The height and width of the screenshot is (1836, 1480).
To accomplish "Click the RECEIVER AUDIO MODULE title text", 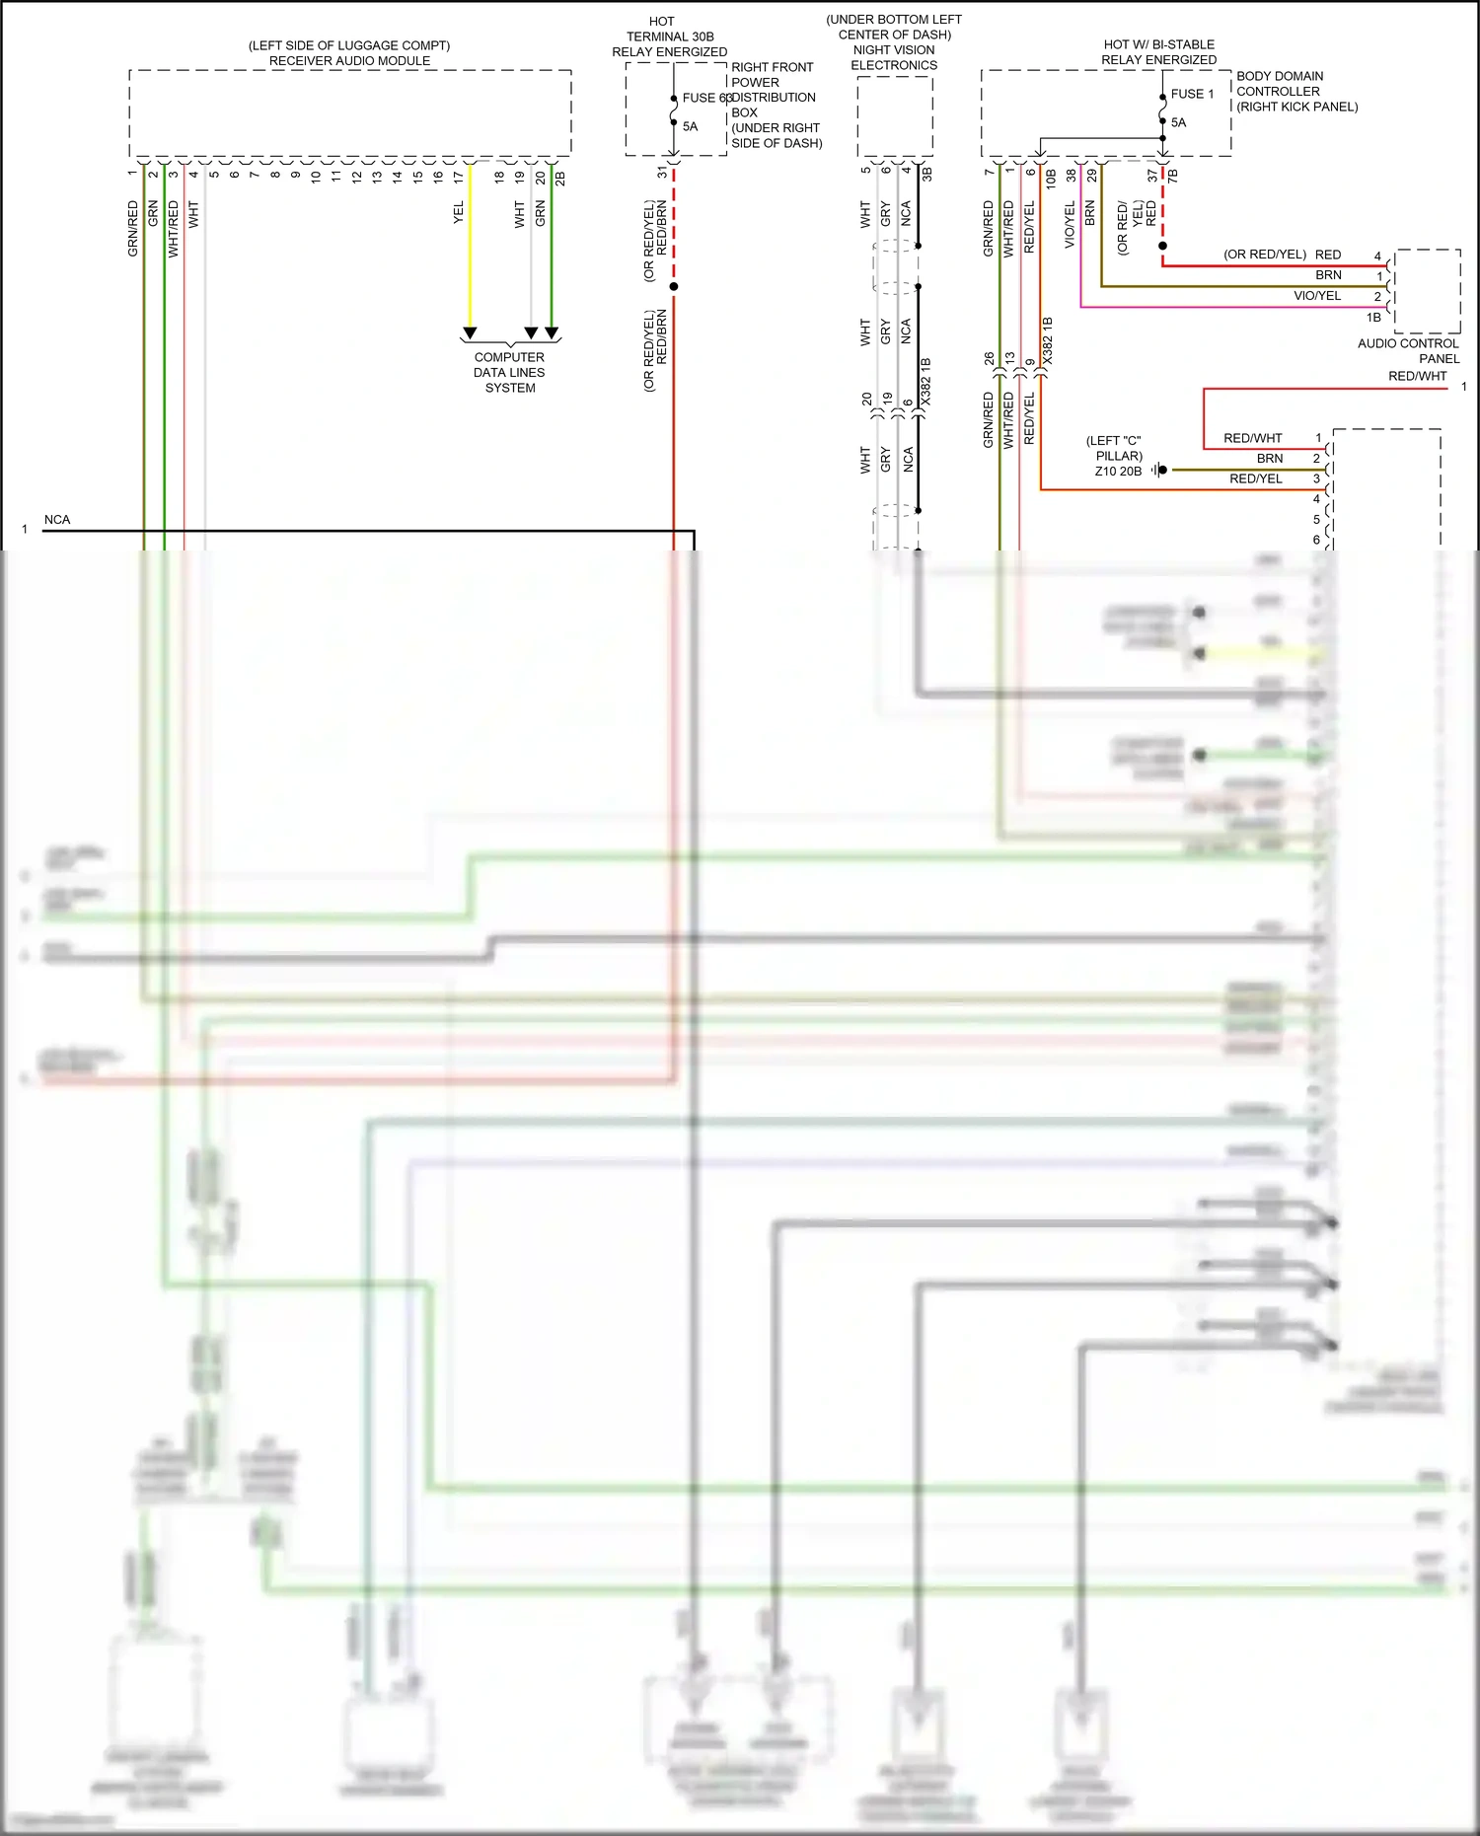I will tap(349, 60).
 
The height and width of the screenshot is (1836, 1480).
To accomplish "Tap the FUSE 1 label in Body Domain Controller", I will tap(1192, 94).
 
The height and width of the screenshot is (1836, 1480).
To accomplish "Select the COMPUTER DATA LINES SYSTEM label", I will tap(509, 372).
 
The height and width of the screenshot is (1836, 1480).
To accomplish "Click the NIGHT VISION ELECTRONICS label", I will tap(894, 57).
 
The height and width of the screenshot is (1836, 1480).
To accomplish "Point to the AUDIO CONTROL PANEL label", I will tap(1408, 350).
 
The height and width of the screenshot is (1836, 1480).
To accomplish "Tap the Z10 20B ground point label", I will tap(1118, 471).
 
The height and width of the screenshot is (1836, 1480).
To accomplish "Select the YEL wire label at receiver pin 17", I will tap(458, 213).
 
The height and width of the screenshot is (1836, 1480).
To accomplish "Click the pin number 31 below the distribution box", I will tap(662, 172).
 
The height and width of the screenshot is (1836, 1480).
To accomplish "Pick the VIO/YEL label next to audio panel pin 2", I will tap(1317, 296).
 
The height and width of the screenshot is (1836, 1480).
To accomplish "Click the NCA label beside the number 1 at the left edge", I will tap(57, 519).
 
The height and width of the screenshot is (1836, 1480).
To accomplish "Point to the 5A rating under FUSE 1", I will tap(1179, 122).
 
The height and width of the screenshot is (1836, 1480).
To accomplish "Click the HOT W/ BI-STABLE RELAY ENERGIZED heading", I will tap(1158, 52).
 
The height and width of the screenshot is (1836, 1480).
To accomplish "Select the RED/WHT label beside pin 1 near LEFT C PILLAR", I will tap(1252, 438).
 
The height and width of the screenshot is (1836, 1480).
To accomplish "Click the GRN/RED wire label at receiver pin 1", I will tap(133, 229).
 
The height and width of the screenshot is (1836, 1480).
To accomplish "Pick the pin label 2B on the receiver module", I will tap(560, 179).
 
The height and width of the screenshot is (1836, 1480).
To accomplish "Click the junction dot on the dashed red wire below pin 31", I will tap(674, 286).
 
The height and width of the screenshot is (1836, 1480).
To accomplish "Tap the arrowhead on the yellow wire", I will tap(471, 333).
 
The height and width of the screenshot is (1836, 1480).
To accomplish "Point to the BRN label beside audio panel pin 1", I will tap(1328, 275).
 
